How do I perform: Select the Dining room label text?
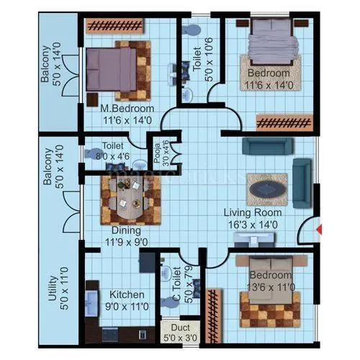(x=125, y=230)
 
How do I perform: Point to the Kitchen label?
(x=127, y=294)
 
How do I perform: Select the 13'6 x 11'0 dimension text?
(x=270, y=287)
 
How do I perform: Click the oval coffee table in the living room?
(x=269, y=187)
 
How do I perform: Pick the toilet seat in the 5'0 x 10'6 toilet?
(x=191, y=32)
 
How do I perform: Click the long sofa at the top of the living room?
(x=267, y=146)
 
